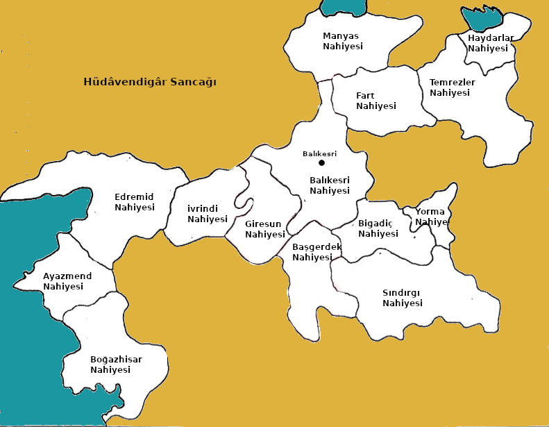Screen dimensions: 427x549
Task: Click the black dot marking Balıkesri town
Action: coord(321,163)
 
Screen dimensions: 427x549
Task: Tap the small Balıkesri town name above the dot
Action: coord(319,153)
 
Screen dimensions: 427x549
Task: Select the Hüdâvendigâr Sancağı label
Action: coord(150,82)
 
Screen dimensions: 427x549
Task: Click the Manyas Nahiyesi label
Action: coord(343,41)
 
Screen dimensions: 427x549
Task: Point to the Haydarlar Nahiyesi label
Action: coord(490,43)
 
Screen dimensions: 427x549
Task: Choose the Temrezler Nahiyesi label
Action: coord(452,87)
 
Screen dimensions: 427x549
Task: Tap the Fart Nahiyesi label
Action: coord(375,101)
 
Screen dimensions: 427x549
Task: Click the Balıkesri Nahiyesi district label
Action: coord(330,185)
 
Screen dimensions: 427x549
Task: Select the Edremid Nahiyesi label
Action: coord(134,202)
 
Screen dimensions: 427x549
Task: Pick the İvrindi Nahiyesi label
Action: coord(208,214)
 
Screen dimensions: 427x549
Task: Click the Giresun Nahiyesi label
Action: coord(265,229)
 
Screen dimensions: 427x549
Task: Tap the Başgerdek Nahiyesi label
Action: coord(316,252)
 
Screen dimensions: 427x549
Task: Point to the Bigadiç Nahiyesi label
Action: coord(378,228)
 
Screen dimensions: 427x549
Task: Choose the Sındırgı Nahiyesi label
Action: coord(403,298)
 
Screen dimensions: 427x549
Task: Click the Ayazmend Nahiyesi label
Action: coord(67,281)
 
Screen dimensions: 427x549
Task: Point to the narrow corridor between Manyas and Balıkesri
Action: coord(325,101)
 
